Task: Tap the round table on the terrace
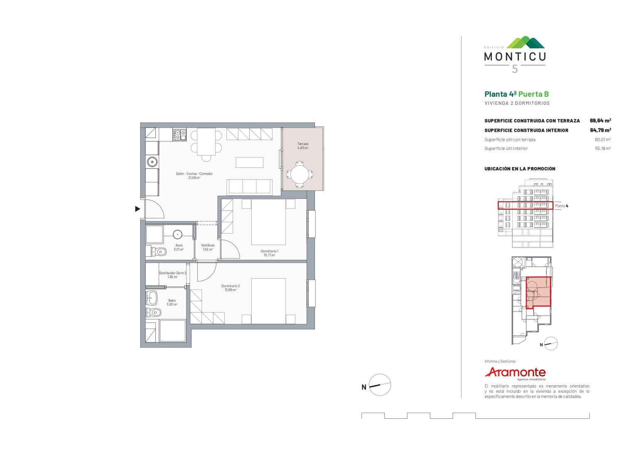click(300, 174)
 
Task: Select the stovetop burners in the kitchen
click(179, 135)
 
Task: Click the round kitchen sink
click(152, 162)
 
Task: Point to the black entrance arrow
click(138, 209)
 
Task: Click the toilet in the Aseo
click(156, 252)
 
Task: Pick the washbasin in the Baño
click(152, 298)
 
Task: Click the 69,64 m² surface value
click(600, 121)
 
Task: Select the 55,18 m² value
click(603, 148)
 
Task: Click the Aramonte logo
click(515, 373)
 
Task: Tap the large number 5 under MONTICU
click(515, 69)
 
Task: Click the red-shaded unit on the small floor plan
click(538, 293)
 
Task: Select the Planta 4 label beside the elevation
click(561, 206)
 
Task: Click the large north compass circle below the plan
click(380, 385)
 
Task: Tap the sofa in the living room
click(249, 187)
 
